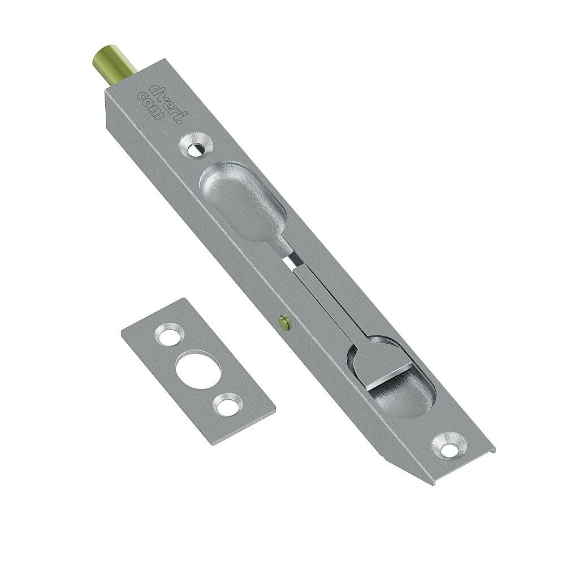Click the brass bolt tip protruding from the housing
(x=113, y=63)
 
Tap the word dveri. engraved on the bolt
(x=164, y=100)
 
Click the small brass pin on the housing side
(x=284, y=323)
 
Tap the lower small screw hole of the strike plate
(x=228, y=404)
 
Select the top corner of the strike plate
(x=184, y=299)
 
